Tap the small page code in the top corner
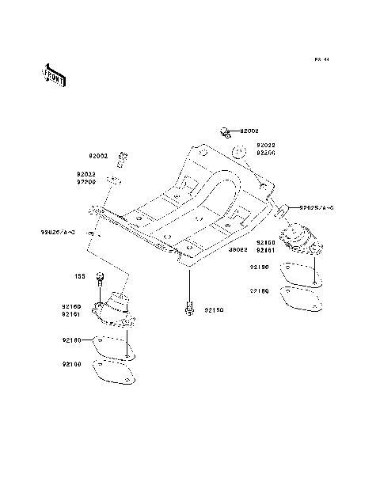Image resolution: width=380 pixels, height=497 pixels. coord(321,59)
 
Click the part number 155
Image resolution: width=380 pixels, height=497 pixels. coord(80,276)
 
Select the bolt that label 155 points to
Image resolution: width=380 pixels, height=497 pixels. coord(99,277)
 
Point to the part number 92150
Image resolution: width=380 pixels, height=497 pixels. coord(215,311)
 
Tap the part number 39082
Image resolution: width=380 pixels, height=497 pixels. coord(237,250)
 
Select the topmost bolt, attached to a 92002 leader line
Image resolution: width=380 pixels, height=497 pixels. coord(224,129)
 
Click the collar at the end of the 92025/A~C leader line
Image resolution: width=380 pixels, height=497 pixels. coord(282,209)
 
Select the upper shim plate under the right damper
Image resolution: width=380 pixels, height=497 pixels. coord(300,272)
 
